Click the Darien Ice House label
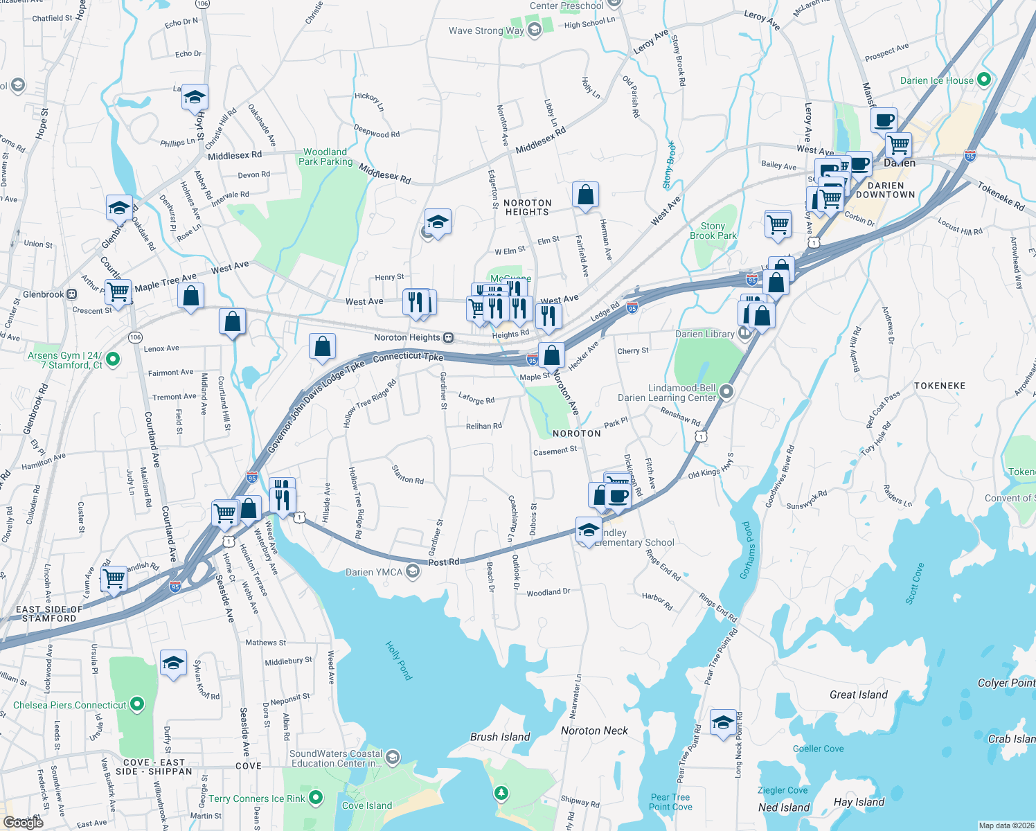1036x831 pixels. point(936,80)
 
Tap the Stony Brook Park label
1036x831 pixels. point(713,231)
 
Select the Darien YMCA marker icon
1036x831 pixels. point(413,571)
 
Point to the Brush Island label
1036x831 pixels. point(500,737)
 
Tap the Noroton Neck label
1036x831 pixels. point(594,731)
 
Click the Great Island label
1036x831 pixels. point(858,695)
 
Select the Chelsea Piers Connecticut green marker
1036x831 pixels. point(137,705)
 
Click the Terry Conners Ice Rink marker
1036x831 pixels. point(316,798)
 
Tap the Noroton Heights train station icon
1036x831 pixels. point(449,338)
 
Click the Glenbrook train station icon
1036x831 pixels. point(71,294)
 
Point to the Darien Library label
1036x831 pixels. point(704,334)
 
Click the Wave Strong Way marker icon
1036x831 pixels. point(534,30)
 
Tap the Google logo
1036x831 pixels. point(24,822)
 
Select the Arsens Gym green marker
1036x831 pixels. point(113,359)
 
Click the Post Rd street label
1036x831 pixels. point(443,562)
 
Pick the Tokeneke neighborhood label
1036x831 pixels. point(939,386)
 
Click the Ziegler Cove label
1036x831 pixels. point(783,790)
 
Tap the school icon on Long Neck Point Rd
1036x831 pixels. point(723,722)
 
